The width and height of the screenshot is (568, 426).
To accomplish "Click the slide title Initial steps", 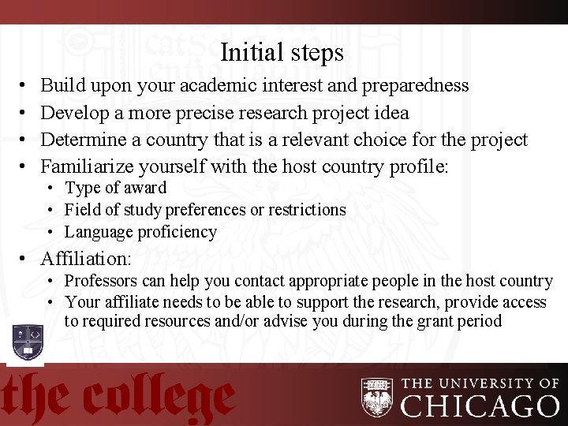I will pyautogui.click(x=282, y=53).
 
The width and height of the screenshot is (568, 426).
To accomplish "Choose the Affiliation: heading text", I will pyautogui.click(x=86, y=258).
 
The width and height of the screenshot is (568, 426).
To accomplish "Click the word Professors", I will pyautogui.click(x=99, y=281).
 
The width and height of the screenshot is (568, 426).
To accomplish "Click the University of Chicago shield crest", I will pyautogui.click(x=377, y=397).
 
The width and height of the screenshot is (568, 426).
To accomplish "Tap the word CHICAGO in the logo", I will pyautogui.click(x=481, y=405).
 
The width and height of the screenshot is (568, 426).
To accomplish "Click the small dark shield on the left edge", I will pyautogui.click(x=28, y=342).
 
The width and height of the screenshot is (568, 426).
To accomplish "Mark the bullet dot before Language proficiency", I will pyautogui.click(x=49, y=233).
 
